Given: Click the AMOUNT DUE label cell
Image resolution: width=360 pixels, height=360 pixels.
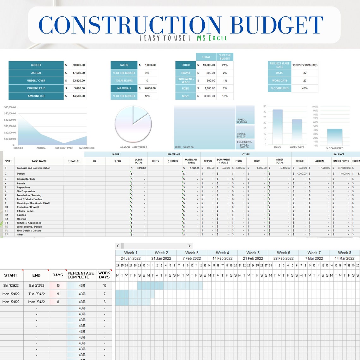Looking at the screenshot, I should [36, 96].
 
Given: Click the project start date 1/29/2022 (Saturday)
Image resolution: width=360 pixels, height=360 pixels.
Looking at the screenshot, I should [304, 65].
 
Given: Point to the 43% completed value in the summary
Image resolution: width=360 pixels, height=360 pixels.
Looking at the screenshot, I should [304, 88].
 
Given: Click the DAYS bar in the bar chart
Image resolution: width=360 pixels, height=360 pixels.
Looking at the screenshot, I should [277, 126].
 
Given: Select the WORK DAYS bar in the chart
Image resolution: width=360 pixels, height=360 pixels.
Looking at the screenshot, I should [297, 131].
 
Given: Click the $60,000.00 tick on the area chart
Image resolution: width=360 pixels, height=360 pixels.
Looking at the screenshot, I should [10, 107].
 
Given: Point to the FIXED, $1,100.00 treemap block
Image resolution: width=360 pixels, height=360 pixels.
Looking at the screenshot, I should [245, 115].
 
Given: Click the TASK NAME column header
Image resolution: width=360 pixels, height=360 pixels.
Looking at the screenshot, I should [39, 161].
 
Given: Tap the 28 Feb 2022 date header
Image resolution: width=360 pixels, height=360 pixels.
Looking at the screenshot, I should [283, 258].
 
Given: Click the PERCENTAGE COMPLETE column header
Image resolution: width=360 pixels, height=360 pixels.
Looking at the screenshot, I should [81, 275].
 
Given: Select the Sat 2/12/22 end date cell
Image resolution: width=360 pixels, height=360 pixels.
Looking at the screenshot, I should [36, 285].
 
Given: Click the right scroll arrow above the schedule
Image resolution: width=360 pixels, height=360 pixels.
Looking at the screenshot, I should [189, 246].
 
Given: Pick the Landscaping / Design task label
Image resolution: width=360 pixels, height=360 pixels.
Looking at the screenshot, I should [29, 227].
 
